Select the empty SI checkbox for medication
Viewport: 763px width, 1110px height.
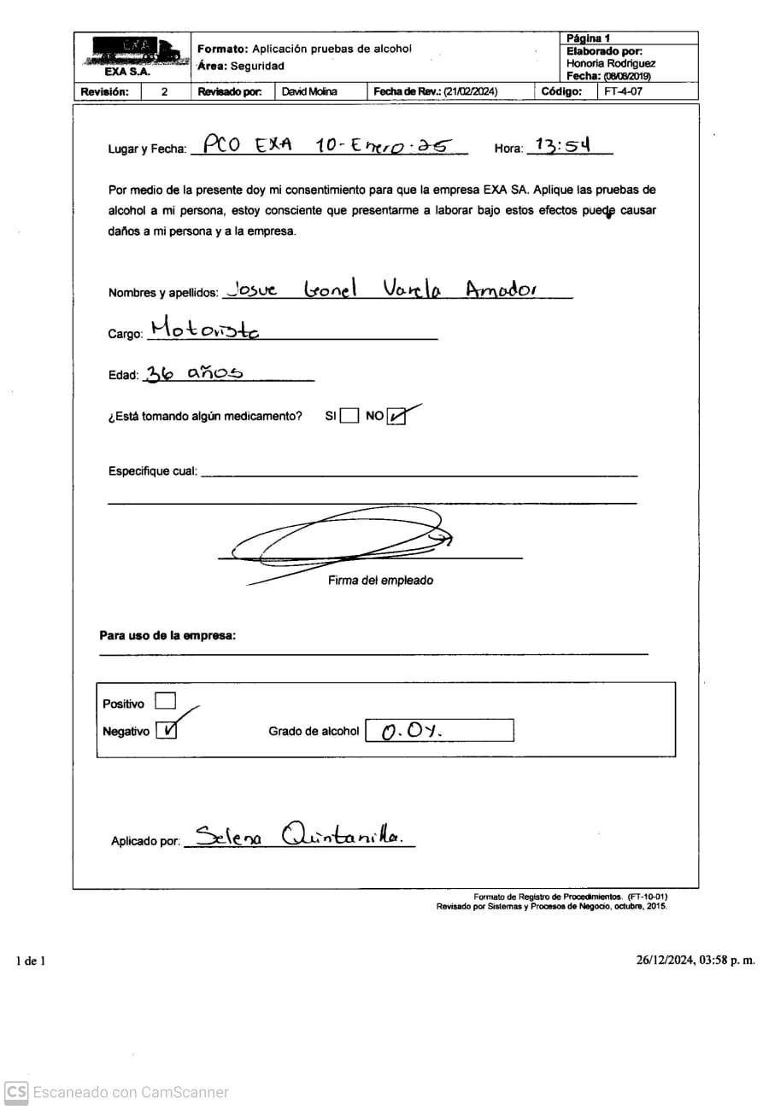tap(349, 417)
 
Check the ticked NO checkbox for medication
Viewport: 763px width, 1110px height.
tap(396, 417)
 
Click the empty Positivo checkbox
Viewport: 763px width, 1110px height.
tap(165, 702)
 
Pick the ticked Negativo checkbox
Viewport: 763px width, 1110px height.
tap(167, 730)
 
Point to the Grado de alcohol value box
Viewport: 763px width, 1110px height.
tap(439, 731)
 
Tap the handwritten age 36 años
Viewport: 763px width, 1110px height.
tap(193, 372)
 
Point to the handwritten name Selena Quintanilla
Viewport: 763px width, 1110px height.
tap(297, 834)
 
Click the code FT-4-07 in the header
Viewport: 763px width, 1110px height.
tap(623, 91)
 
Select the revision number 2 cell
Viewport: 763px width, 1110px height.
tap(165, 91)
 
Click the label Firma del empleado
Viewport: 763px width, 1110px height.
tap(380, 581)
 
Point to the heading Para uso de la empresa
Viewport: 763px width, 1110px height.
tap(167, 635)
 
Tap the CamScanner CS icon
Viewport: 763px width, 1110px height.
tap(16, 1092)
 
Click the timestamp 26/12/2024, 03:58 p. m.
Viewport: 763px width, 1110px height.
tap(695, 960)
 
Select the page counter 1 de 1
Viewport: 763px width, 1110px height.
tap(31, 961)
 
